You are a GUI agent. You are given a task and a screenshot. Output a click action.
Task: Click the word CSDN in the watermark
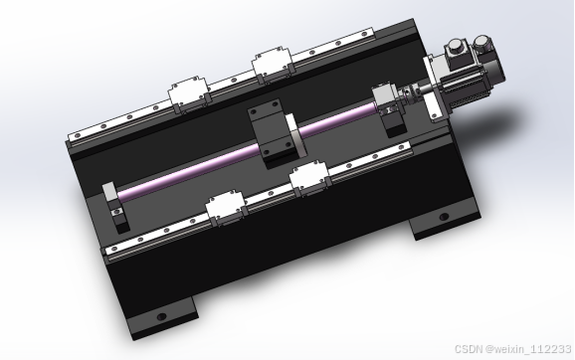coord(469,349)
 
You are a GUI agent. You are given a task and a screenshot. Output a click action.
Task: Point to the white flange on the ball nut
coord(294,134)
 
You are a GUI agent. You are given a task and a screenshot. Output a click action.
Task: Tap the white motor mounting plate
coord(435,89)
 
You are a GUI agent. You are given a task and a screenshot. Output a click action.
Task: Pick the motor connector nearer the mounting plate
coord(457,52)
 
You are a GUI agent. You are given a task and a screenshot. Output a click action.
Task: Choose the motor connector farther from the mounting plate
coord(482,45)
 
